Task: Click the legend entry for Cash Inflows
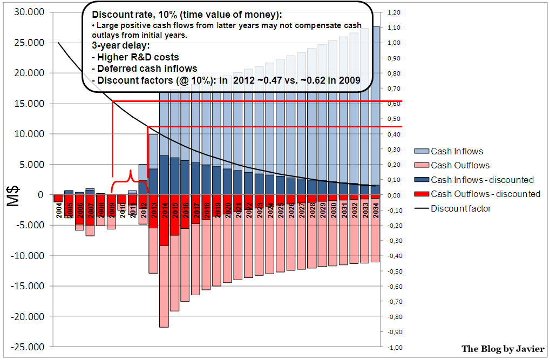[x=457, y=151]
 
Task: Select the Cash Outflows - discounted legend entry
[x=485, y=194]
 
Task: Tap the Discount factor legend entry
[x=460, y=208]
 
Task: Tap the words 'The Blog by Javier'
[x=503, y=349]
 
